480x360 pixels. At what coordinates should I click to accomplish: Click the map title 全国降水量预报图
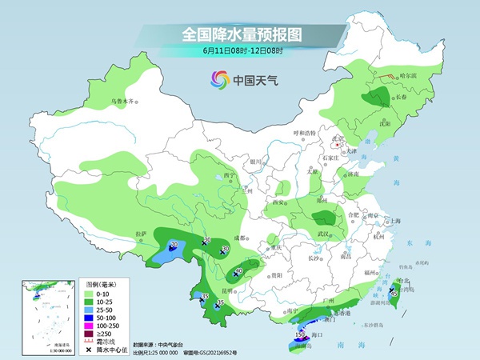coord(239,34)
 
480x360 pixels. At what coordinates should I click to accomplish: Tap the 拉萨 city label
coord(141,234)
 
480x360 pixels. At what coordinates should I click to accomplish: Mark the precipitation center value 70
coord(174,243)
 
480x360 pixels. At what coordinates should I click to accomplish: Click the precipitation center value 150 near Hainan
coord(300,334)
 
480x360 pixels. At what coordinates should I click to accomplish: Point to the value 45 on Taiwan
coord(394,294)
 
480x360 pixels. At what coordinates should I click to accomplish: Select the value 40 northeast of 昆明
coord(238,271)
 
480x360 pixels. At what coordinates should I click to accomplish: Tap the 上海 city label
coord(393,221)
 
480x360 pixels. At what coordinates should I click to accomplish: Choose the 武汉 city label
coord(323,233)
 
